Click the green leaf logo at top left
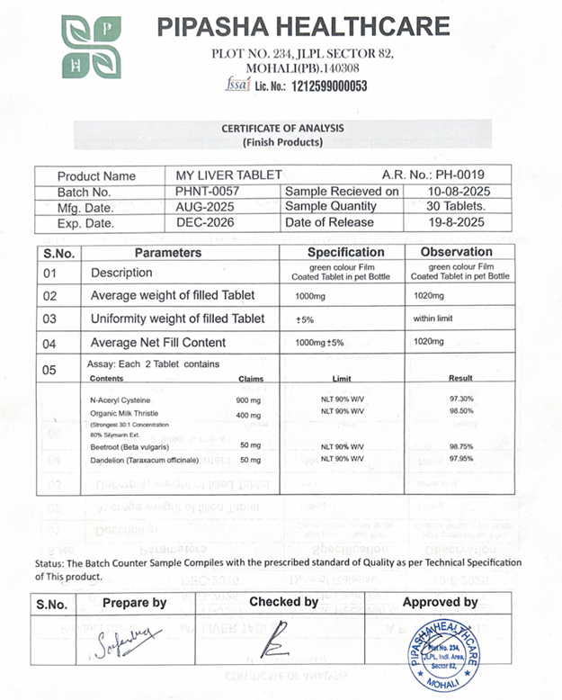pos(90,47)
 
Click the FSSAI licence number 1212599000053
pos(311,86)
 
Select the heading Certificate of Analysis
pos(282,129)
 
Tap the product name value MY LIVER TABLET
pos(229,175)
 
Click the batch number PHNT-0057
pos(209,192)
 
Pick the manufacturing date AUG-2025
pos(205,207)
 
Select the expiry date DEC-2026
pos(205,223)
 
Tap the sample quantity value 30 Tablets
pos(451,207)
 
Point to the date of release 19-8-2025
pos(450,223)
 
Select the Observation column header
pos(456,253)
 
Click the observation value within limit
pos(437,319)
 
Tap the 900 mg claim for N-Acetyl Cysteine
pos(248,399)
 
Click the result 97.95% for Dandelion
pos(459,459)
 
